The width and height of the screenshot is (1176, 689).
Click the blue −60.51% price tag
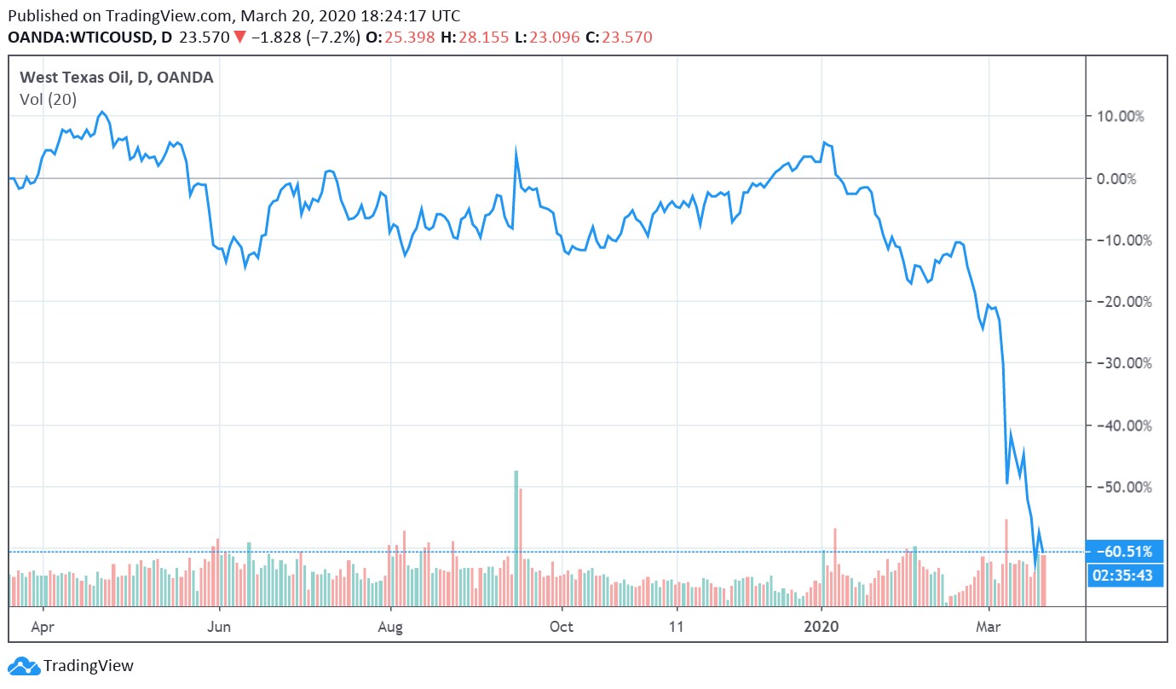click(1123, 551)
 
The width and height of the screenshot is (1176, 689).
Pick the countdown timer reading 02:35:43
click(1123, 576)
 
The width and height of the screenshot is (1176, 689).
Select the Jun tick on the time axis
click(220, 627)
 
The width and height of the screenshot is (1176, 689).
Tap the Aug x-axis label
click(390, 627)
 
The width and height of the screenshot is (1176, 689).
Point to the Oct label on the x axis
click(562, 627)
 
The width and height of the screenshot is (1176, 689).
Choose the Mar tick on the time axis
click(989, 627)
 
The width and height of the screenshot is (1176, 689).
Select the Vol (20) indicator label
click(48, 100)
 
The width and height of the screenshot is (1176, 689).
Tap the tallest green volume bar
click(516, 537)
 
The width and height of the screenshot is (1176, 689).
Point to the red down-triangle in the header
click(240, 37)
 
